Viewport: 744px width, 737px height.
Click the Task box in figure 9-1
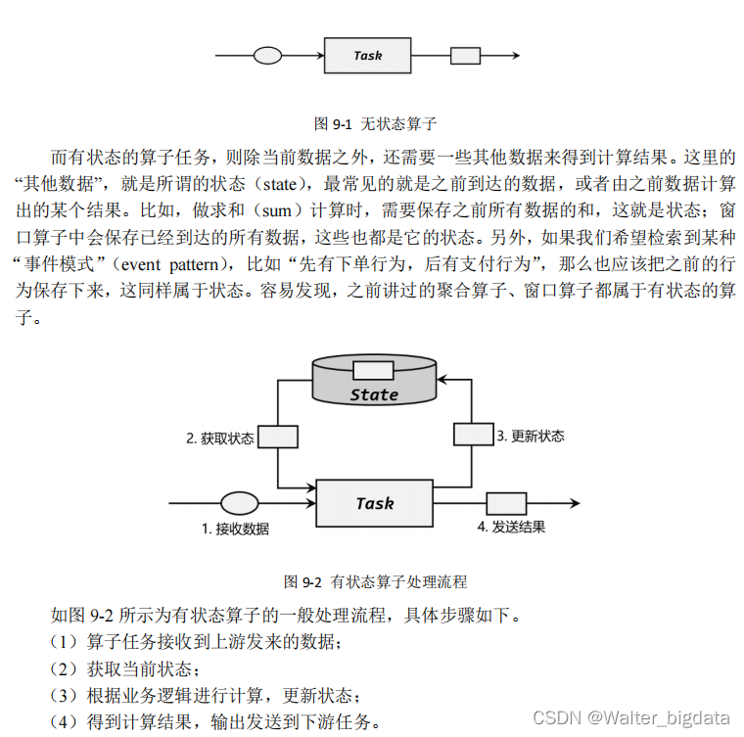(x=367, y=56)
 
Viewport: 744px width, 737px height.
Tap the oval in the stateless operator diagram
(x=268, y=56)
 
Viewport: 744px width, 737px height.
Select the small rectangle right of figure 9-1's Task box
(x=464, y=56)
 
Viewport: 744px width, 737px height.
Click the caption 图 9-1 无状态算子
(x=374, y=124)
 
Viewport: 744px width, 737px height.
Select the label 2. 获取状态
(x=220, y=438)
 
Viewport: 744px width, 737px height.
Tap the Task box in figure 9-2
(x=374, y=503)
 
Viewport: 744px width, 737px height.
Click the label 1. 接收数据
(x=235, y=529)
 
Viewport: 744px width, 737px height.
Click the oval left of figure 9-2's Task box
(x=238, y=503)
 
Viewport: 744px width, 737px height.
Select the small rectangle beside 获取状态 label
(x=278, y=437)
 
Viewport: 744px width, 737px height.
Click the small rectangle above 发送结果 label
(x=500, y=503)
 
